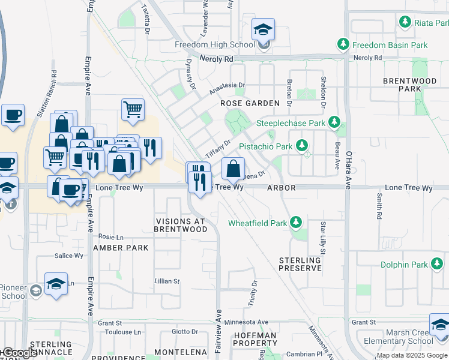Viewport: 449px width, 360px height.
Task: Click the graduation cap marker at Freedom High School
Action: [263, 30]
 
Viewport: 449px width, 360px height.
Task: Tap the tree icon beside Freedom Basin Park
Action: [343, 44]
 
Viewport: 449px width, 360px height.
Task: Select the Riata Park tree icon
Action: [405, 22]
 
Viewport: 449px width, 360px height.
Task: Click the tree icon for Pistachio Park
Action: [301, 146]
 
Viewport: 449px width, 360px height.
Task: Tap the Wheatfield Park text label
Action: [258, 223]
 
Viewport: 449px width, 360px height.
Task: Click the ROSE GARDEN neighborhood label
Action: [250, 103]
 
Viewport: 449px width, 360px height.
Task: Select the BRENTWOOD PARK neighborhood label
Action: [410, 85]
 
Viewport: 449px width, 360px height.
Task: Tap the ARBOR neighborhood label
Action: [281, 188]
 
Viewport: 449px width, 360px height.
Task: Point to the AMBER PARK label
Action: [121, 248]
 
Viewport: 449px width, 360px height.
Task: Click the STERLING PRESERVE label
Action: [300, 264]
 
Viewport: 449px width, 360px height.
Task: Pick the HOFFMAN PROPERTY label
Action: [255, 339]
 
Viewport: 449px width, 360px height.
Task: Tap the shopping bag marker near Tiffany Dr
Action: [233, 169]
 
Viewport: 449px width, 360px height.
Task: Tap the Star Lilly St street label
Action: [322, 238]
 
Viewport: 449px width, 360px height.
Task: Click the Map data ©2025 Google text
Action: [412, 355]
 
